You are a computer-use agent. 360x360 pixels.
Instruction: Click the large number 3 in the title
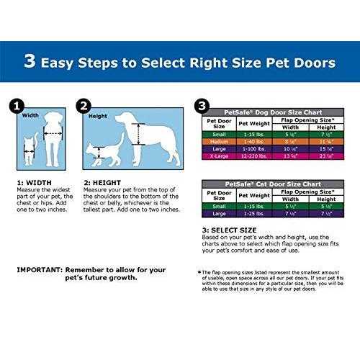click(30, 62)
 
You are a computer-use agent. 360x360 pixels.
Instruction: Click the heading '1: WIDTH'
click(30, 183)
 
